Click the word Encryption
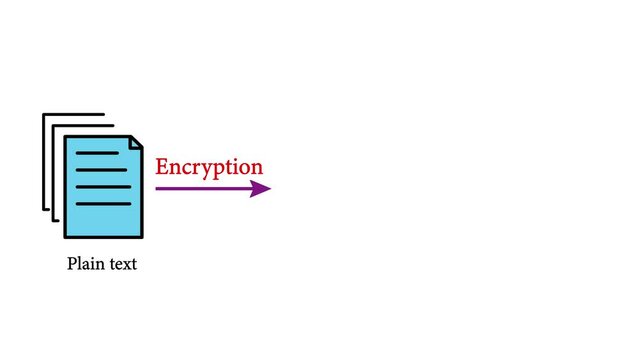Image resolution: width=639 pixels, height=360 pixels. [209, 168]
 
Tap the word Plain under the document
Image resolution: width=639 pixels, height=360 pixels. [84, 265]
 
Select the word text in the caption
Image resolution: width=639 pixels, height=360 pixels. [121, 265]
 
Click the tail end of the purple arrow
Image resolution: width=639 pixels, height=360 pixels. [158, 188]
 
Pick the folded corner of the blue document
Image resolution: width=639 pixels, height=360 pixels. [135, 143]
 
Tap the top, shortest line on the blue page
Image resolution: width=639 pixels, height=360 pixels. [96, 153]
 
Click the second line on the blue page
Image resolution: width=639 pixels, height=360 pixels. [103, 170]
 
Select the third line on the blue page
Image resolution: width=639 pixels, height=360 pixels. [103, 187]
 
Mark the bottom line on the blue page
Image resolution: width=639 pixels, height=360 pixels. [103, 204]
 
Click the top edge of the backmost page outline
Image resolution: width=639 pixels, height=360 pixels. [73, 115]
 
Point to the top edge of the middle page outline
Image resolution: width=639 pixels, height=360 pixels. [82, 126]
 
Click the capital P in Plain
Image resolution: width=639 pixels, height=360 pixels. [72, 265]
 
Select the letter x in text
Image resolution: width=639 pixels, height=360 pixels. [125, 266]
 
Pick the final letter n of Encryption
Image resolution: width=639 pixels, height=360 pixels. [257, 168]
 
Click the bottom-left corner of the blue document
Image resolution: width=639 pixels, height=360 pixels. [66, 236]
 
